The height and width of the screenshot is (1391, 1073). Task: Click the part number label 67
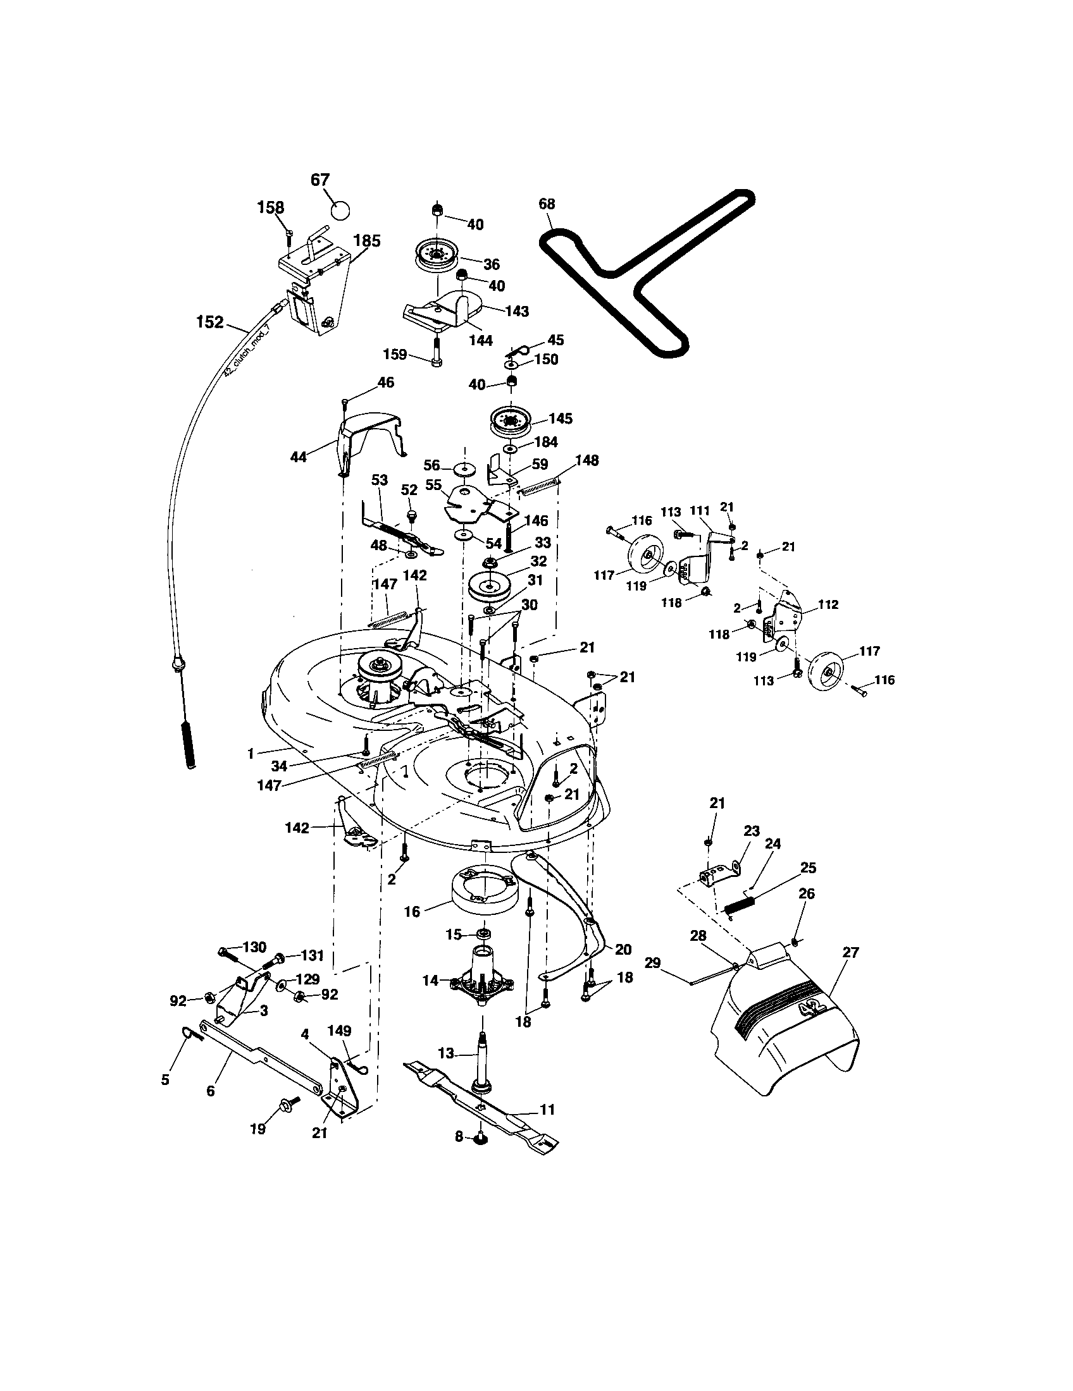tap(320, 180)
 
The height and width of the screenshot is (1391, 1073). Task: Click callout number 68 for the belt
tap(547, 204)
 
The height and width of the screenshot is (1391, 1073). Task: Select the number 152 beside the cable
tap(209, 322)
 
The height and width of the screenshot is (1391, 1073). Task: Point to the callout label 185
tap(367, 241)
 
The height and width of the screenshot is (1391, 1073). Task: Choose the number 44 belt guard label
tap(298, 457)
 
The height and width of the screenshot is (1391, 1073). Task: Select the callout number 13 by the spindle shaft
tap(445, 1053)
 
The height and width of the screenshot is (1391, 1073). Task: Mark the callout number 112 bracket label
tap(828, 604)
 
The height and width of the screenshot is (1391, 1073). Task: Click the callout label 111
tap(700, 512)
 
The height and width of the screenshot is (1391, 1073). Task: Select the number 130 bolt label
tap(254, 947)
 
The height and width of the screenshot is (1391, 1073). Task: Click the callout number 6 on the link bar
tap(210, 1091)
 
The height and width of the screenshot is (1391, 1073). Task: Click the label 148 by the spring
tap(587, 460)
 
